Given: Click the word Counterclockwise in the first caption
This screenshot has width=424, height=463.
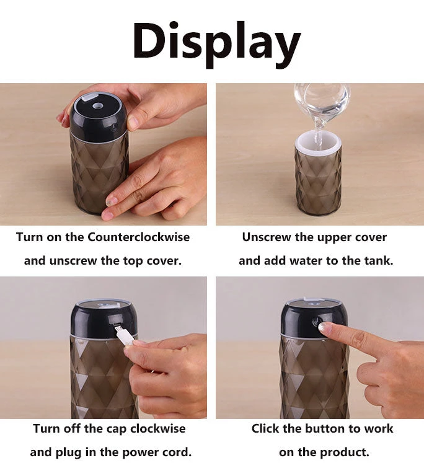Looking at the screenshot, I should click(138, 237).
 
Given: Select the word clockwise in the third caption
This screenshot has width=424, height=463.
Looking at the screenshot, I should click(154, 428).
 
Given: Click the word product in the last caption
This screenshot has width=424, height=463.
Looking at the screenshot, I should click(344, 452).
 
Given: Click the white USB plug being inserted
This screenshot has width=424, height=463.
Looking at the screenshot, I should click(124, 335).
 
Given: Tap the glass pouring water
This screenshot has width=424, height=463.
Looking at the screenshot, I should click(322, 99).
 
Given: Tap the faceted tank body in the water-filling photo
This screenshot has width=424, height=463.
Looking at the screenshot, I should click(317, 183).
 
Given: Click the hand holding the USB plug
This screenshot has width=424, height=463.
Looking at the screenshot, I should click(167, 366).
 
